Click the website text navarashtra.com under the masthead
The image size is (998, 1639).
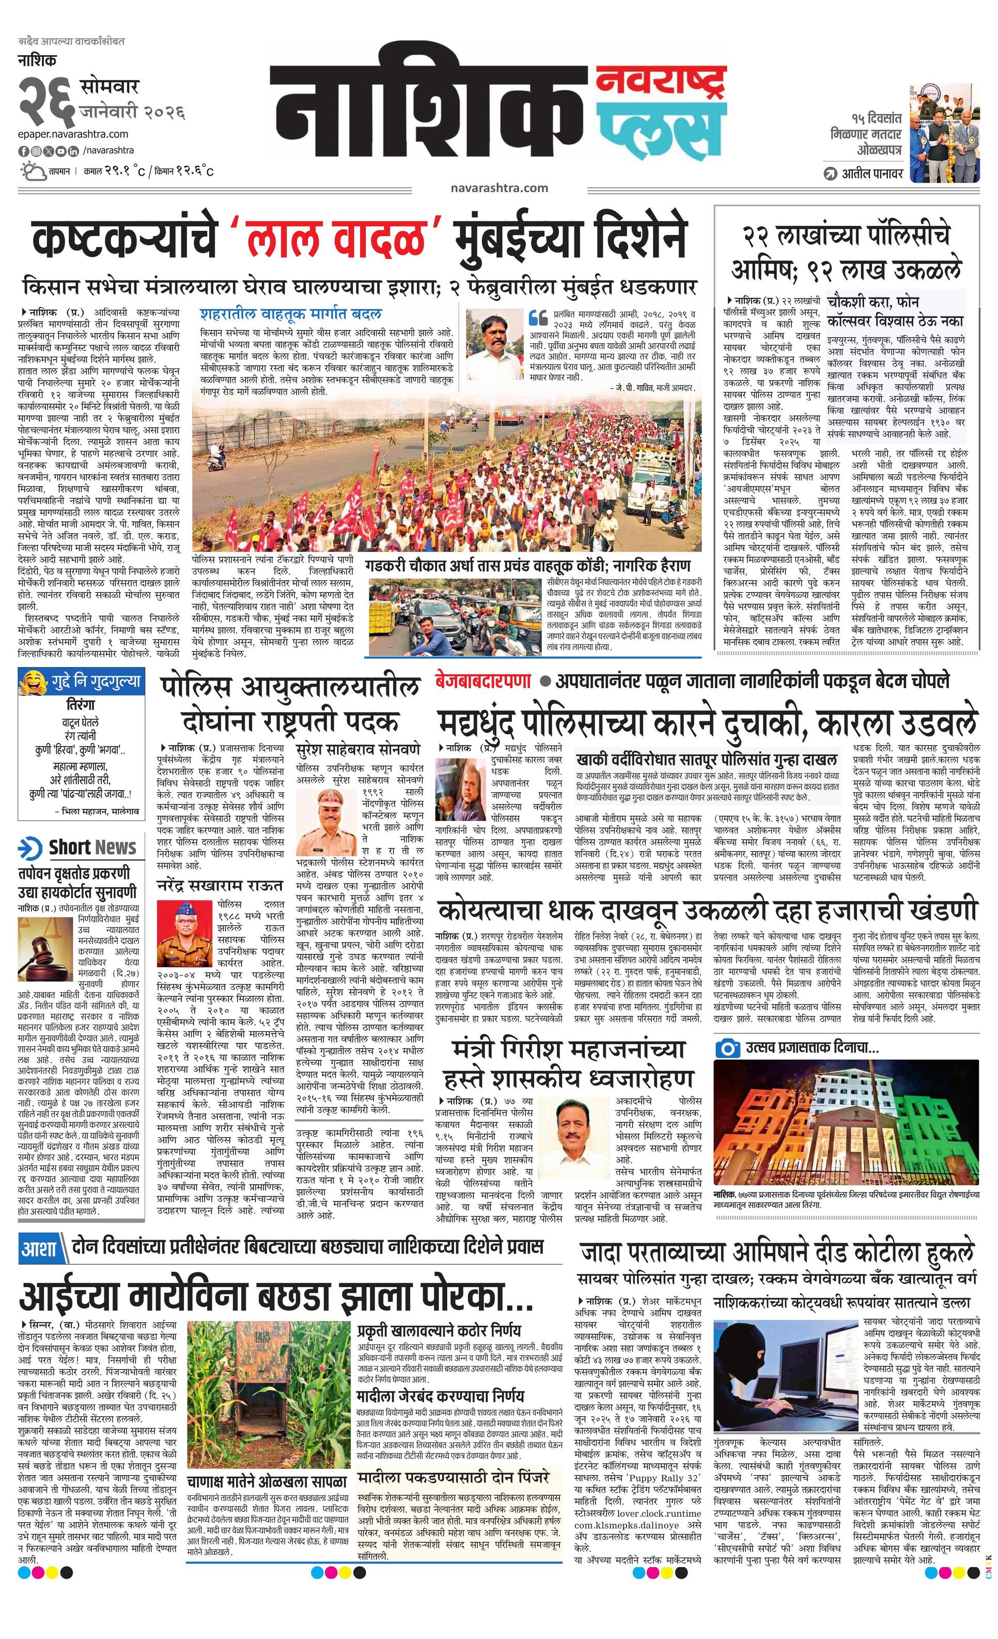pos(498,188)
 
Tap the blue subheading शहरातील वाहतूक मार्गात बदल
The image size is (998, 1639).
pos(291,313)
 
